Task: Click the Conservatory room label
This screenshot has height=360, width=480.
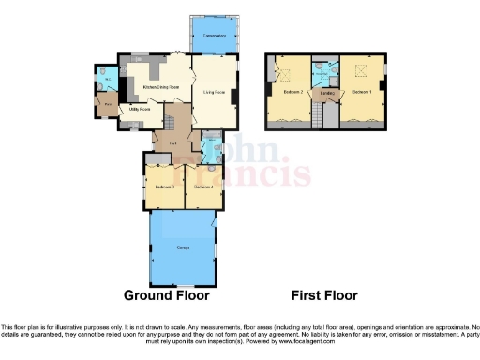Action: [x=214, y=36]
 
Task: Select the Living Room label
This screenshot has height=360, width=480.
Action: [x=215, y=93]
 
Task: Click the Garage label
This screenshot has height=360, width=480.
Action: [x=183, y=246]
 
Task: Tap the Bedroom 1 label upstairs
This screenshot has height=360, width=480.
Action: [x=362, y=93]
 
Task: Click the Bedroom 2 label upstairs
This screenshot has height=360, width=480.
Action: [x=292, y=93]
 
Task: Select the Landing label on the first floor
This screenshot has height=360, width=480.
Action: [x=327, y=93]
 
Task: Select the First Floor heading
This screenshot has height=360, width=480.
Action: [x=324, y=294]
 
